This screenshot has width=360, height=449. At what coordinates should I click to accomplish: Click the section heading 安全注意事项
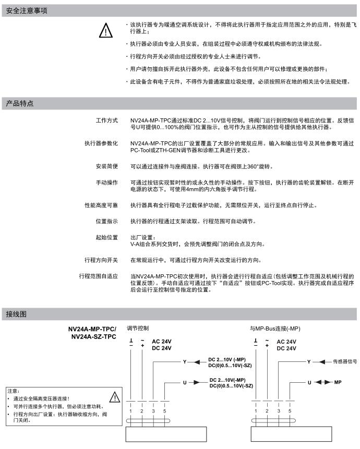pos(24,10)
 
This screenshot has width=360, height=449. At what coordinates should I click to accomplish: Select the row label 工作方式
pos(106,121)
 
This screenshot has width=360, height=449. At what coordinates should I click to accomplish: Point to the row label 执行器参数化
pos(101,143)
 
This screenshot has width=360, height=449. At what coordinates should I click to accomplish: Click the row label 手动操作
pos(106,183)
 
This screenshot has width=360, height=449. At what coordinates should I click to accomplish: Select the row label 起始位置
pos(106,238)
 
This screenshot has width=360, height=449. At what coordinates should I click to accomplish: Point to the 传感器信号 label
pos(345,361)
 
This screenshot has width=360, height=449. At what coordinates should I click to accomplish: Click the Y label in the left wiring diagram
pos(184,361)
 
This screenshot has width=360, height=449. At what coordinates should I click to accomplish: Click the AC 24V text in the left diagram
pos(162,342)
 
